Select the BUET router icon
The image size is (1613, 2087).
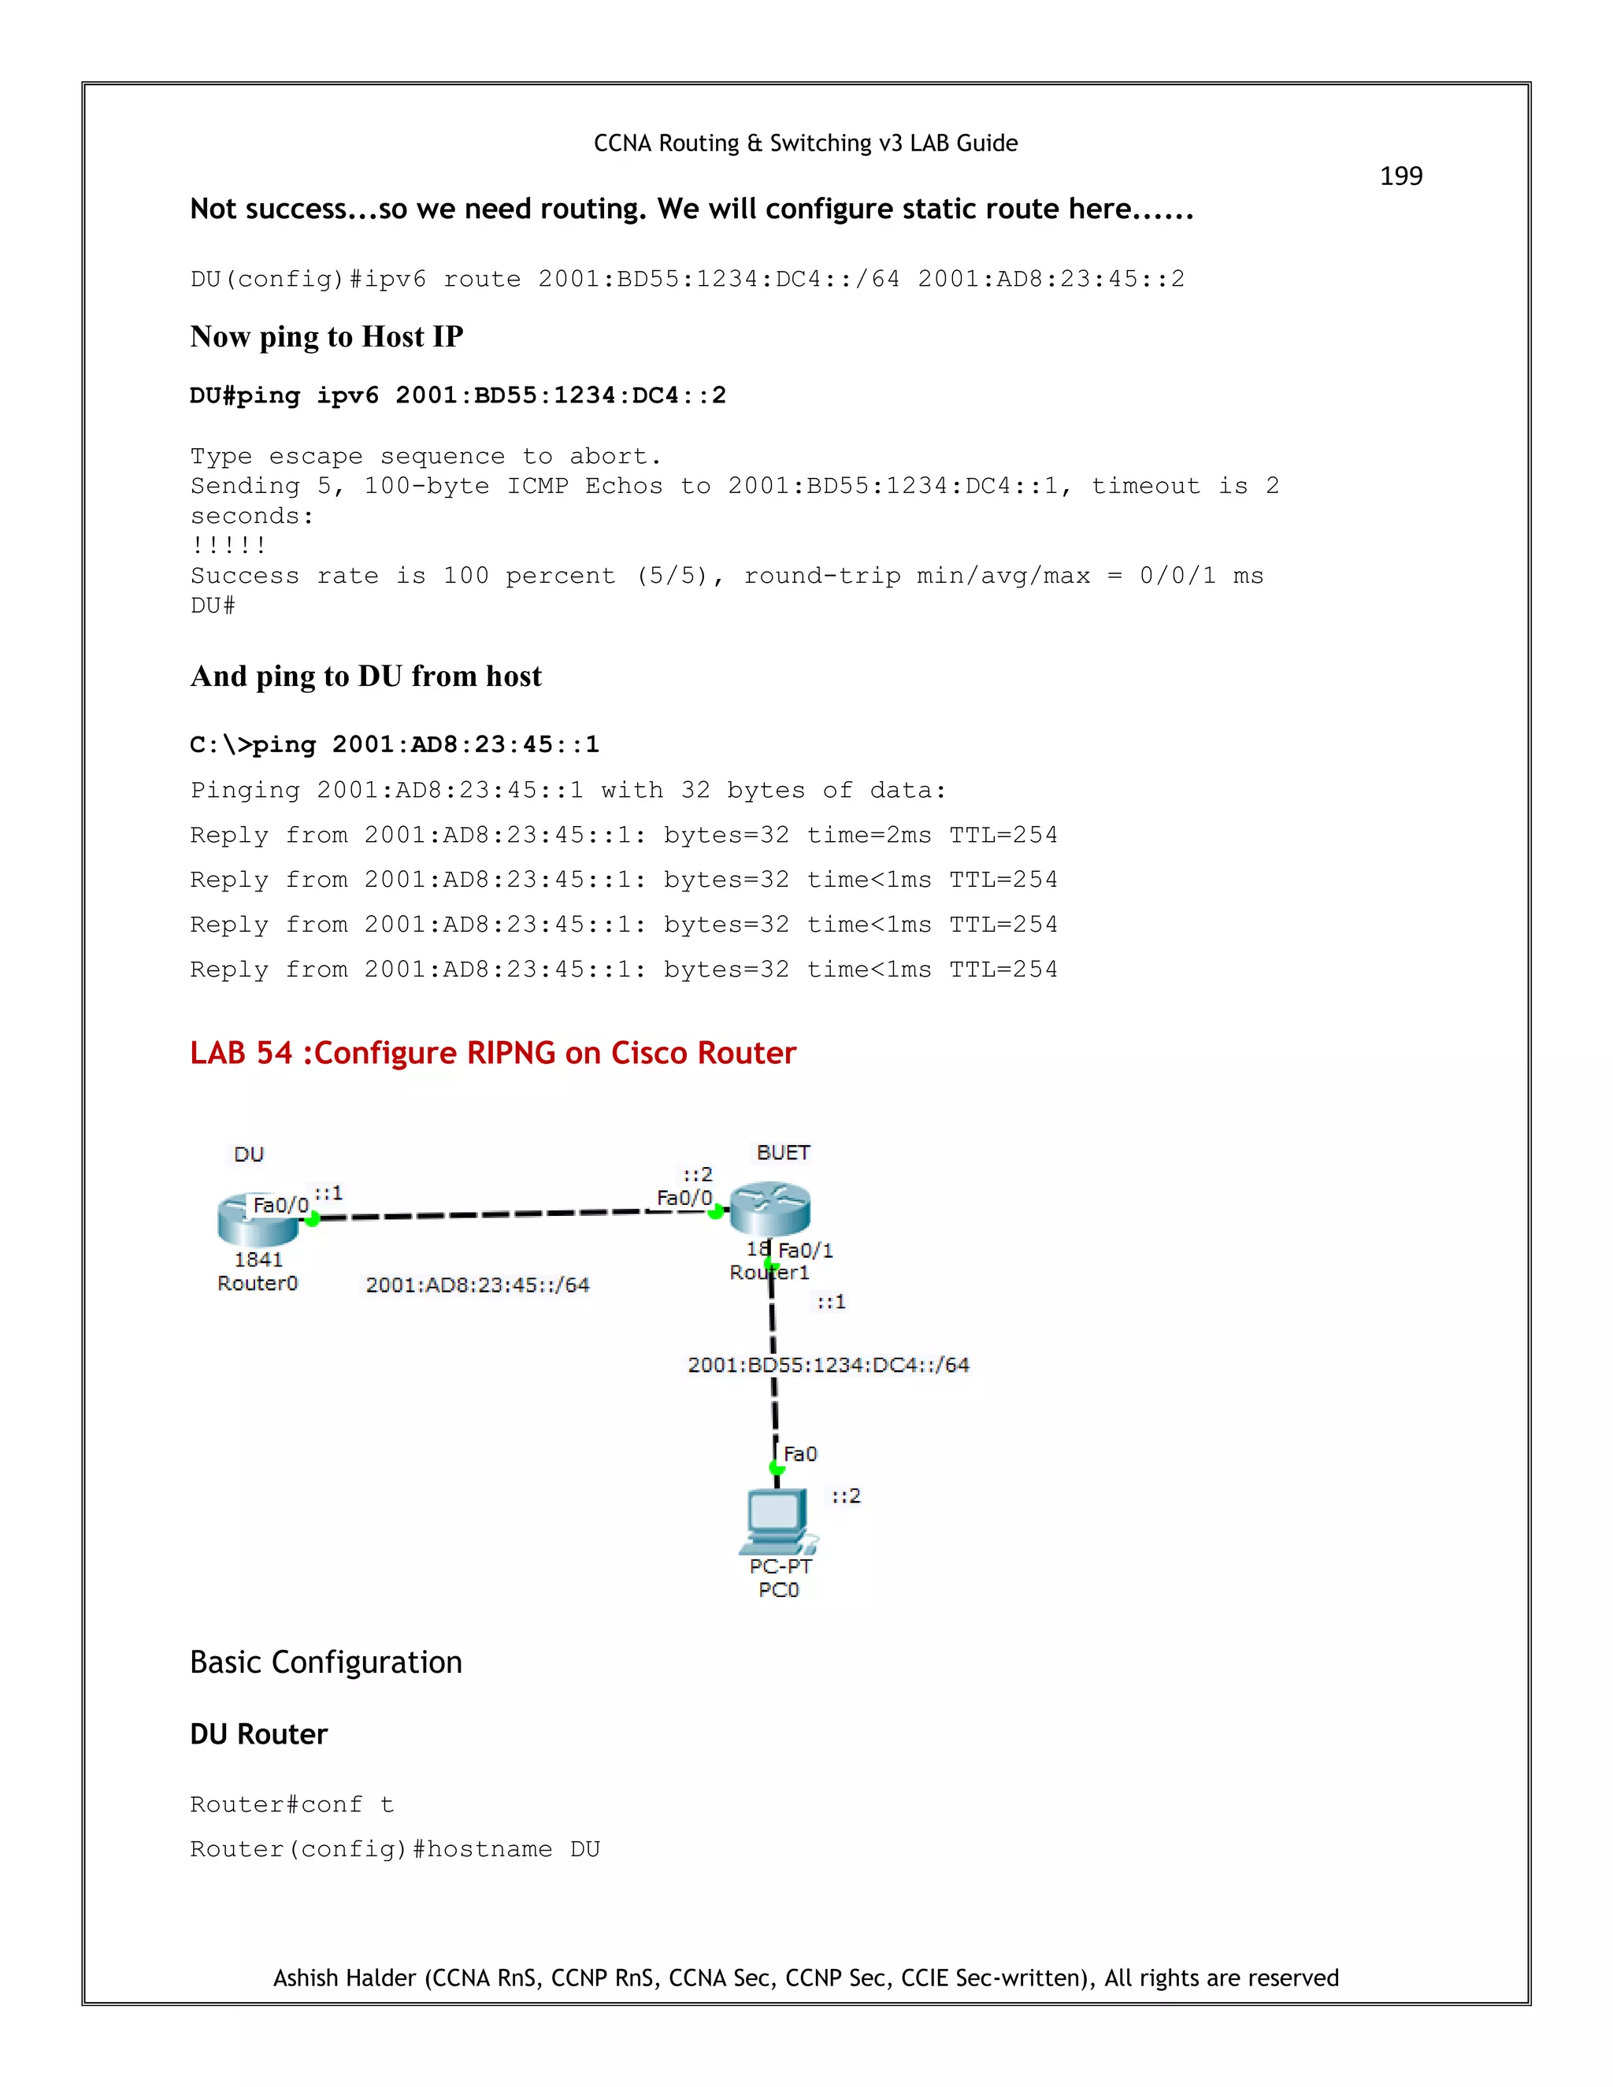(769, 1208)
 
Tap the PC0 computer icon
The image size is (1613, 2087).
(777, 1519)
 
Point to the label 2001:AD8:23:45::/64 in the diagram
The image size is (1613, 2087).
(476, 1285)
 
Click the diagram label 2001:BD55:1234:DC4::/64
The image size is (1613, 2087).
(828, 1366)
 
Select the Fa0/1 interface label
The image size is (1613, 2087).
(806, 1250)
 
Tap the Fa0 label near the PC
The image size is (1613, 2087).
(800, 1454)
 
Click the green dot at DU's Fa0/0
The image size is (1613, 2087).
(312, 1218)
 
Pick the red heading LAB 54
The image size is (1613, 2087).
(492, 1053)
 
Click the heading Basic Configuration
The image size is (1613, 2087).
(326, 1663)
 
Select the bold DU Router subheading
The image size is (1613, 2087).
(258, 1734)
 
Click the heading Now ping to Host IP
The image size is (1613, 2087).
(326, 336)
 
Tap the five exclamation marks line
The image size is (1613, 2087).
(228, 546)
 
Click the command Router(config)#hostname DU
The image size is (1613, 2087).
(395, 1849)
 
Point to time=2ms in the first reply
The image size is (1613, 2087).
(868, 835)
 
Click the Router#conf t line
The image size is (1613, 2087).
(291, 1804)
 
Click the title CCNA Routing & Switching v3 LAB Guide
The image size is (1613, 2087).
(806, 143)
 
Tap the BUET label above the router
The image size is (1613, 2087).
(783, 1152)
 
